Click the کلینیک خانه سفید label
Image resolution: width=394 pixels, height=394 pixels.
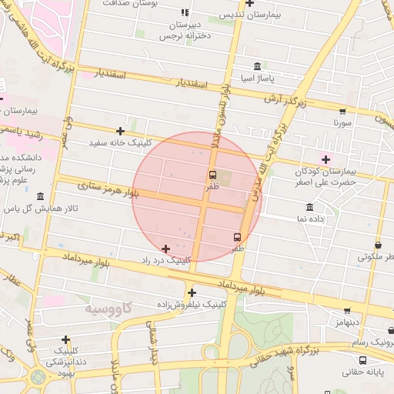(122, 143)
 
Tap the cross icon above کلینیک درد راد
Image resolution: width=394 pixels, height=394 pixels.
(165, 249)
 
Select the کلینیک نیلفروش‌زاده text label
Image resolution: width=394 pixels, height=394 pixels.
(191, 304)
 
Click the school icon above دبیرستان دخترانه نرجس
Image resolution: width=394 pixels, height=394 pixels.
(185, 13)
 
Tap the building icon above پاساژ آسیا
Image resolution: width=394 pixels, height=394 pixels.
(256, 67)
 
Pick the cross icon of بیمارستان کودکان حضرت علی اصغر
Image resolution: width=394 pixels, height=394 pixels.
(326, 159)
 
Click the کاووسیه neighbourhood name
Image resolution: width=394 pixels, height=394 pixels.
(105, 309)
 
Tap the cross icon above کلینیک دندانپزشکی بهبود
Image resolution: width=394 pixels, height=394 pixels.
(66, 339)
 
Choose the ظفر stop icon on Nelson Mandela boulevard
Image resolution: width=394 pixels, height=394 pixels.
(213, 175)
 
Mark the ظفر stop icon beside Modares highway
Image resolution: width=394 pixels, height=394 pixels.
(236, 237)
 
